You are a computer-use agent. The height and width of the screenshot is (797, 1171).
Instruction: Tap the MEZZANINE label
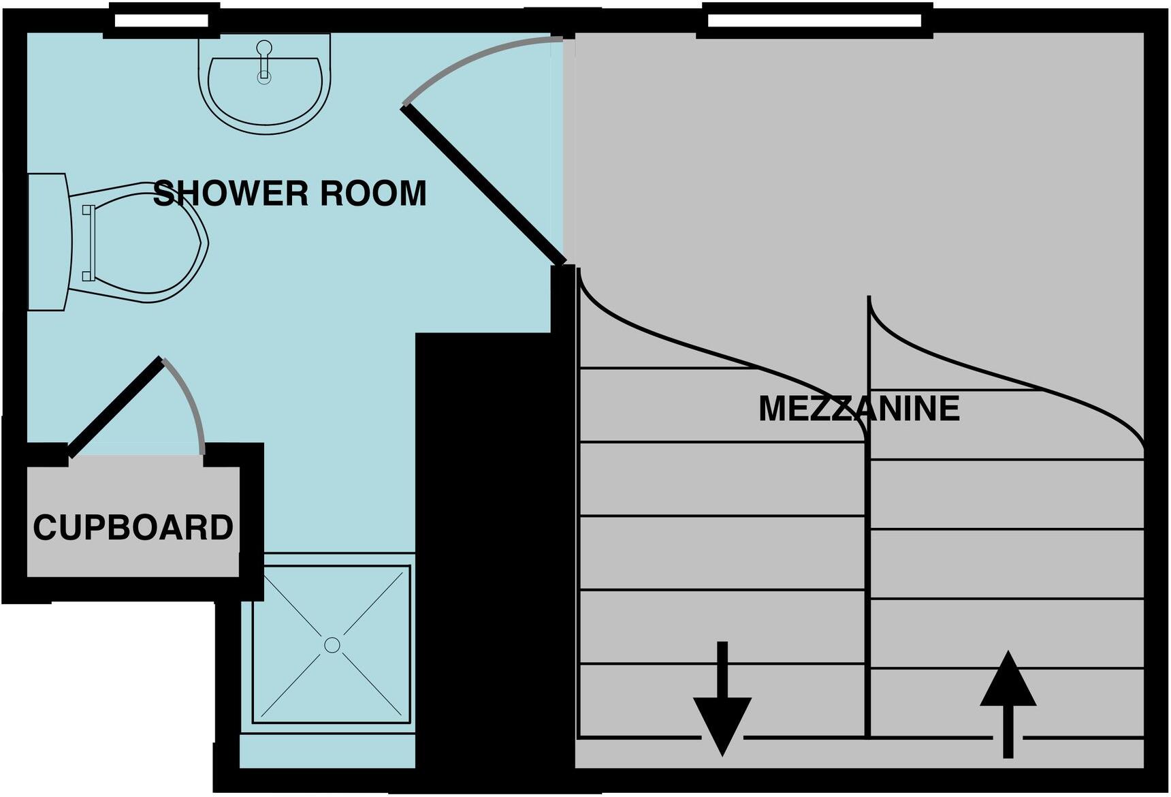[x=859, y=409]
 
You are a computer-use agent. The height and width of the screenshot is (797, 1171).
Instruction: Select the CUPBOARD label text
[x=133, y=528]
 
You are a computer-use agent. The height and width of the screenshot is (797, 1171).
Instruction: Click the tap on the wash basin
[x=264, y=61]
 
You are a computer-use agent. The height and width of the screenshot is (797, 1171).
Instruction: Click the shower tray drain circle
[x=332, y=644]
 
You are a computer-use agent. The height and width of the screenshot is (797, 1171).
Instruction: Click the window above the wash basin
[x=161, y=20]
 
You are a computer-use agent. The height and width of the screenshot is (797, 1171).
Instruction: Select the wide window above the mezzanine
[x=815, y=20]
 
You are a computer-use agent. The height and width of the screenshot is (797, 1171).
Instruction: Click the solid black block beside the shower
[x=490, y=545]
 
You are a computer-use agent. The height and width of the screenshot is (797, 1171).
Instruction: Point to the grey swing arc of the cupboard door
[x=191, y=402]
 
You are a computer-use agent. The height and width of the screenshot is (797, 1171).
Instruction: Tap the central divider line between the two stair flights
[x=868, y=579]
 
